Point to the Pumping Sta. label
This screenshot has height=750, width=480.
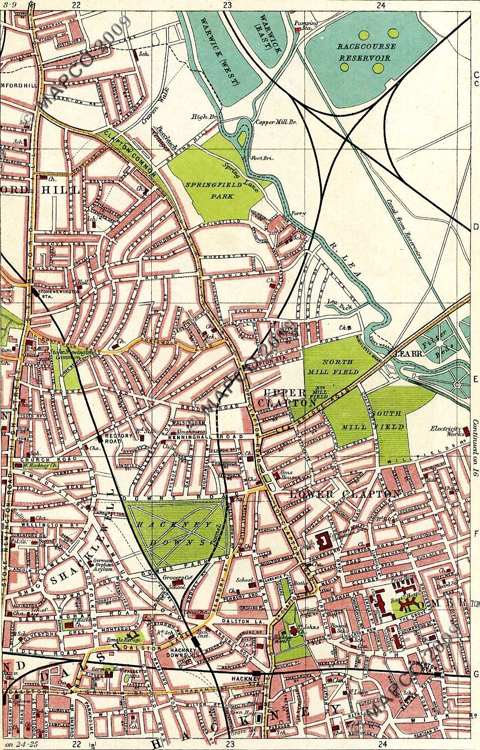click(307, 26)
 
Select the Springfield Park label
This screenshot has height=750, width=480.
click(209, 191)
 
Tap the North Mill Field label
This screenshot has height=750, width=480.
click(341, 367)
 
